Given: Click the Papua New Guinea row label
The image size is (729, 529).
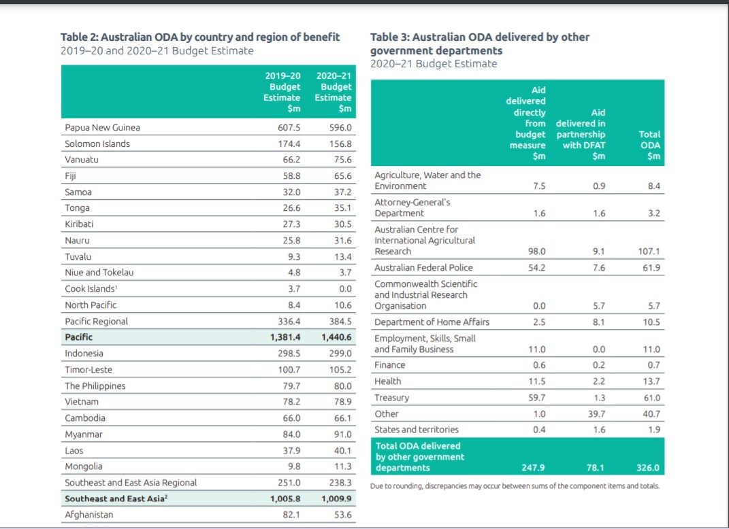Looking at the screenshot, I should tap(102, 127).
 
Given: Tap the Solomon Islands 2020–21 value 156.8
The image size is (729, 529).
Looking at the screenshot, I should tap(340, 144).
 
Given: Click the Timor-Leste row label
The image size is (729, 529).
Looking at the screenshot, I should tap(88, 370).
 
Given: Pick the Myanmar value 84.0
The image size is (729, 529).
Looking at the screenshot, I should tap(291, 434).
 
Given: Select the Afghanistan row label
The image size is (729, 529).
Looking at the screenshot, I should tap(89, 515).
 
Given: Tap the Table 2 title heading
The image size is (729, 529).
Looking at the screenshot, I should tap(200, 37).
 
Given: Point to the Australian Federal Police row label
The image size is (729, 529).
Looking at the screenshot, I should tap(423, 268).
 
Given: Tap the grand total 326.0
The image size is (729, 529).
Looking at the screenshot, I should tap(648, 468).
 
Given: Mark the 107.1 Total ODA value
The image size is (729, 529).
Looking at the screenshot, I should tap(649, 252).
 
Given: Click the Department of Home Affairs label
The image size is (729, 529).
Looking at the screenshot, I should tap(432, 322).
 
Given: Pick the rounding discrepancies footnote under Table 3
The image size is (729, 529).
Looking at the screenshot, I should tap(515, 486).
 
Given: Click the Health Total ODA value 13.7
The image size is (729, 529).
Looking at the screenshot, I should tap(651, 381).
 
